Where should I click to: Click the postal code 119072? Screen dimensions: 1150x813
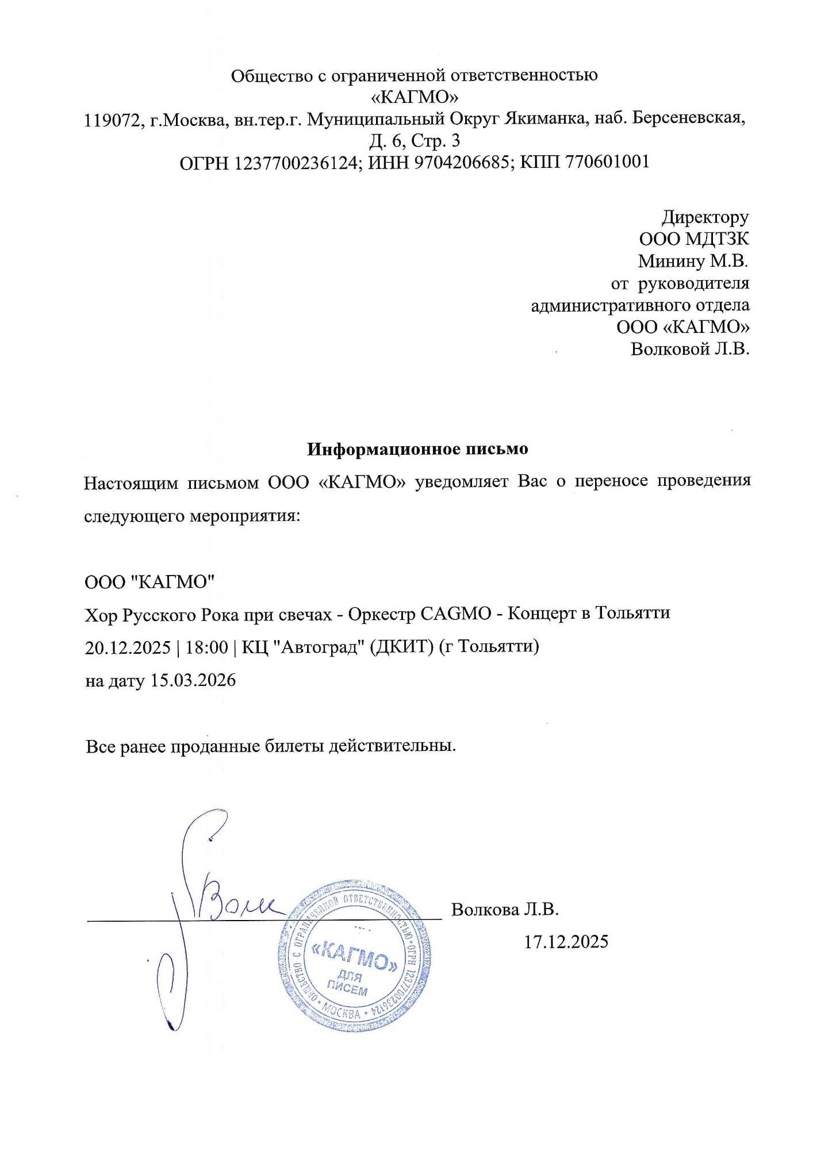tap(113, 120)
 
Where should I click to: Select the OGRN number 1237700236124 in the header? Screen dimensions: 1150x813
tap(297, 163)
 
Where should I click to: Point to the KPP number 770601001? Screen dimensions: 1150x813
tap(608, 162)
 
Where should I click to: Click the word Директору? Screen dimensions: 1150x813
tap(705, 217)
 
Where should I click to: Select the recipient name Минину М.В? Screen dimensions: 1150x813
tap(693, 261)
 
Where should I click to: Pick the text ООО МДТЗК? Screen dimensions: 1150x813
tap(694, 239)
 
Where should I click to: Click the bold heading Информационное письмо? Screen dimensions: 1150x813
tap(417, 448)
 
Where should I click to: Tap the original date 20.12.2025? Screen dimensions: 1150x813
tap(128, 647)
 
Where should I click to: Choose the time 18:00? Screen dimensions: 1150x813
tap(207, 647)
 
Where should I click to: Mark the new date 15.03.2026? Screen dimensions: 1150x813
tap(193, 681)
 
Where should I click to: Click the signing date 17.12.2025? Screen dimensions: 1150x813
tap(566, 942)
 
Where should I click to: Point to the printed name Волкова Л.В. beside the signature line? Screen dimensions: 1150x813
tap(505, 909)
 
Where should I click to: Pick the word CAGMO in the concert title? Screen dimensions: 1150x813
tap(456, 614)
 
